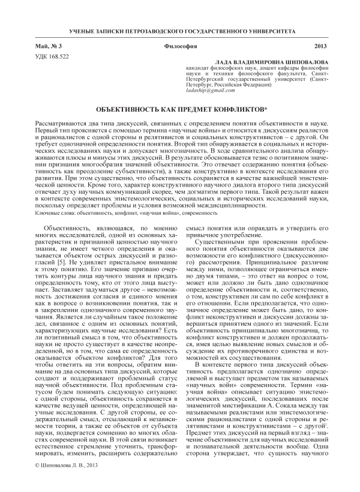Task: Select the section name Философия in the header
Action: pyautogui.click(x=180, y=46)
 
